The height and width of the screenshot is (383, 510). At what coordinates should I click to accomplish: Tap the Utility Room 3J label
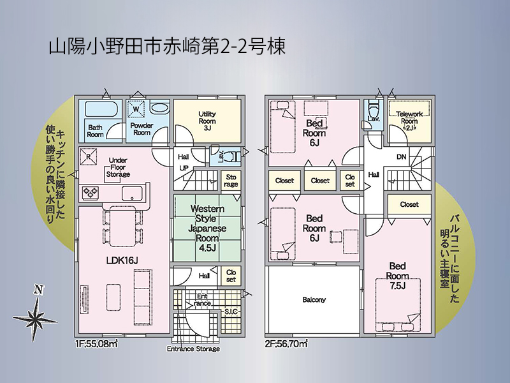[207, 121]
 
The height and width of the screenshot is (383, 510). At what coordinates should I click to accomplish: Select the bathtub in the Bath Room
[101, 109]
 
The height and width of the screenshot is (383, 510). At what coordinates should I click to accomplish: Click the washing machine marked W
[136, 109]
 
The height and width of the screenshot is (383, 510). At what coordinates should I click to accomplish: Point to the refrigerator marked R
[89, 156]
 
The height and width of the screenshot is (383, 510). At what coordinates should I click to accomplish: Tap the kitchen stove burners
[90, 193]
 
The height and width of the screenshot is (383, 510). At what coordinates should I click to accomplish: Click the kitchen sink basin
[133, 193]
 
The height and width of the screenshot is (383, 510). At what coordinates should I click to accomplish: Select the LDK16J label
[122, 260]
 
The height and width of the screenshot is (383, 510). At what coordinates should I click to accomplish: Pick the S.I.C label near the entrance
[231, 312]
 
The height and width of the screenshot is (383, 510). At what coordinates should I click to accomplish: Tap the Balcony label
[314, 299]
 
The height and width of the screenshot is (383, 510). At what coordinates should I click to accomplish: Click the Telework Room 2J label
[409, 121]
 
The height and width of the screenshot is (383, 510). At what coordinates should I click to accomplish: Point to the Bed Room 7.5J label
[397, 276]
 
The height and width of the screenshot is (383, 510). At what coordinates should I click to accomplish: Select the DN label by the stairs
[402, 156]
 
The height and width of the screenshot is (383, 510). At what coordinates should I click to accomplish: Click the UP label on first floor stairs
[184, 169]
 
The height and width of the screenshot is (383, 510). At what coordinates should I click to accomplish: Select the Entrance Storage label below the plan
[193, 349]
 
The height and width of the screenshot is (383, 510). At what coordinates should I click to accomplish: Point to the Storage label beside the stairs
[231, 181]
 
